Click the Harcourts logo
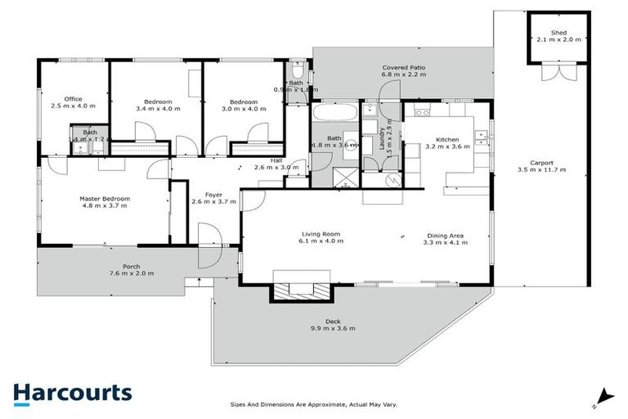pyautogui.click(x=72, y=393)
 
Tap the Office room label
pyautogui.click(x=73, y=99)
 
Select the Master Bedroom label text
pyautogui.click(x=105, y=198)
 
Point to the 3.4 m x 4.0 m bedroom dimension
pyautogui.click(x=157, y=107)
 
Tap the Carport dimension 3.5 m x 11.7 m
pyautogui.click(x=541, y=169)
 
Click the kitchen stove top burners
pyautogui.click(x=422, y=111)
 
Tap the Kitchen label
pyautogui.click(x=447, y=140)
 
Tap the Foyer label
pyautogui.click(x=213, y=194)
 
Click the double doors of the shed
pyautogui.click(x=558, y=73)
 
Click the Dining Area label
pyautogui.click(x=444, y=235)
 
